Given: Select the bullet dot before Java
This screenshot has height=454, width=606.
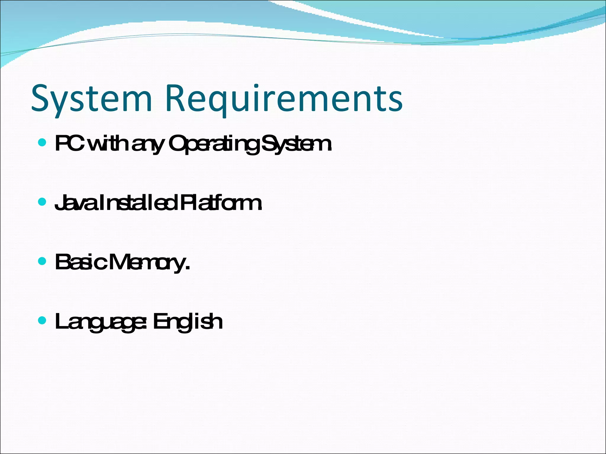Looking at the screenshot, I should (43, 202).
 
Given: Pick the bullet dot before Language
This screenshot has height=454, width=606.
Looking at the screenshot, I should (43, 320).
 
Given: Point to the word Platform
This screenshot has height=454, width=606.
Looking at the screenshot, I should (220, 203).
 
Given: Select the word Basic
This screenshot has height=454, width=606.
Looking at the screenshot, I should (80, 262).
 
